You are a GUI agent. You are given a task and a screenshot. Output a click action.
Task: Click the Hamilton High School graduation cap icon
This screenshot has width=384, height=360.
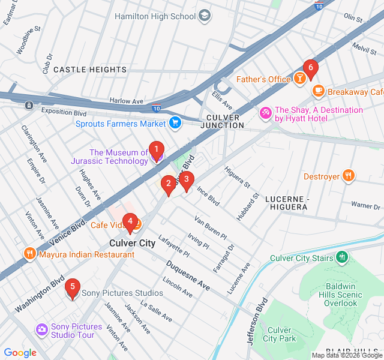click(205, 16)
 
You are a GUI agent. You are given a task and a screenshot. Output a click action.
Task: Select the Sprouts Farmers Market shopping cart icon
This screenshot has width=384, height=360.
click(175, 124)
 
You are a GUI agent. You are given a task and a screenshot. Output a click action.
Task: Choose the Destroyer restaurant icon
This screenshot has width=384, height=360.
click(349, 176)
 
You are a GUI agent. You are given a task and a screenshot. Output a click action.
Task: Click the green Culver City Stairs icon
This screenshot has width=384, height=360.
click(342, 258)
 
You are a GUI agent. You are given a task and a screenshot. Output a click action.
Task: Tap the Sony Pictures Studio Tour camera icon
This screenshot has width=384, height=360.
click(41, 329)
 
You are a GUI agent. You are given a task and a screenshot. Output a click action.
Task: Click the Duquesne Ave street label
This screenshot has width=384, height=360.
click(188, 276)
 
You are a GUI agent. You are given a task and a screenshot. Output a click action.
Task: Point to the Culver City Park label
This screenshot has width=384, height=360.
click(280, 335)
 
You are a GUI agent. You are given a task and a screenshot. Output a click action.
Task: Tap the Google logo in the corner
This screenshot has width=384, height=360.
click(20, 353)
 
